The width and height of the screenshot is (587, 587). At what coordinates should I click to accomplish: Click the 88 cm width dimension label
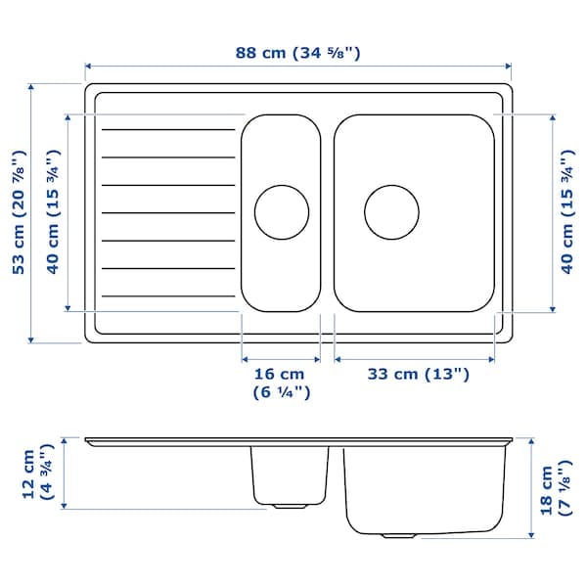pyautogui.click(x=298, y=52)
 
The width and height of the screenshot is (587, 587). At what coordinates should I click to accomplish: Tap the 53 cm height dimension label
pyautogui.click(x=18, y=212)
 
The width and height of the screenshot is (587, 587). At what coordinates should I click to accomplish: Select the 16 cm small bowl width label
pyautogui.click(x=280, y=383)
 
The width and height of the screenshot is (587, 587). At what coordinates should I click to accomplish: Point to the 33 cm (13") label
pyautogui.click(x=418, y=374)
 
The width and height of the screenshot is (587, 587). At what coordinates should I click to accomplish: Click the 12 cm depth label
pyautogui.click(x=37, y=474)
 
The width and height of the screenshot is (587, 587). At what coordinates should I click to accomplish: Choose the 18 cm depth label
pyautogui.click(x=555, y=488)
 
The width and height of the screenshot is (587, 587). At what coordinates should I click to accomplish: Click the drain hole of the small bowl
pyautogui.click(x=282, y=210)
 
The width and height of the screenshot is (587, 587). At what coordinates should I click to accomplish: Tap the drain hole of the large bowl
pyautogui.click(x=392, y=210)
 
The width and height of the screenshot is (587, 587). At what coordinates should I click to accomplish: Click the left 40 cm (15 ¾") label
pyautogui.click(x=53, y=212)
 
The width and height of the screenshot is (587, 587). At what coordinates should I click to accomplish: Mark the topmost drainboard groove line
pyautogui.click(x=171, y=128)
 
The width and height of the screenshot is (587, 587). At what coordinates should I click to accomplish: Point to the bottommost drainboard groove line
pyautogui.click(x=171, y=295)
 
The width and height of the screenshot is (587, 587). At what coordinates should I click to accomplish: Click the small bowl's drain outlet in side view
pyautogui.click(x=288, y=506)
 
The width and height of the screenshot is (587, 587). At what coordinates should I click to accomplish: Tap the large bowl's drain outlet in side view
pyautogui.click(x=397, y=535)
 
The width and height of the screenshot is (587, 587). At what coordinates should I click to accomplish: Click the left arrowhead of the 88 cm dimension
pyautogui.click(x=88, y=67)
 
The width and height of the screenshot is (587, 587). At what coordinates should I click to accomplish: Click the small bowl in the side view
pyautogui.click(x=288, y=474)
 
